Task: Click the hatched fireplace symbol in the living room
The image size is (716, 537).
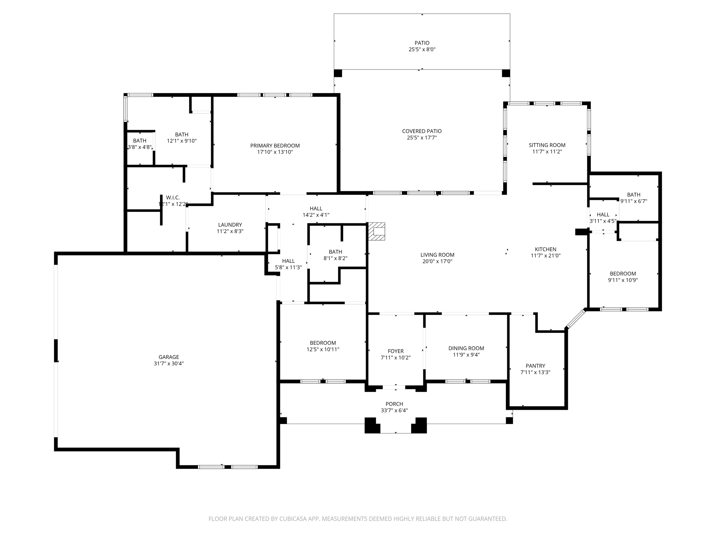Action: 377,231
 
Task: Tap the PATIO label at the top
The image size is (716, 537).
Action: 422,43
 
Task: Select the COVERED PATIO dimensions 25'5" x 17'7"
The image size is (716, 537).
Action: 422,138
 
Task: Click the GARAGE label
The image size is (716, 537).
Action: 169,357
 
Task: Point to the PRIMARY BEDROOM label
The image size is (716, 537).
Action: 275,146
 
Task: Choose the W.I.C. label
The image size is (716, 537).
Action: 173,198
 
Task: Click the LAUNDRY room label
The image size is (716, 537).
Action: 230,225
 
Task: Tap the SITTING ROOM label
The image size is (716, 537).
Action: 547,145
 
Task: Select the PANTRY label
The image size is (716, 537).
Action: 535,366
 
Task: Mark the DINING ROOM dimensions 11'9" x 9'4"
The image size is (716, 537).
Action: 466,355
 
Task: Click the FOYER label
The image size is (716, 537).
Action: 395,351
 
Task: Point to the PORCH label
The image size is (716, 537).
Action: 394,404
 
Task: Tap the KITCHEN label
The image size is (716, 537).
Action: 545,249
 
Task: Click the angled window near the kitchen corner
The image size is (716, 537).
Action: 576,318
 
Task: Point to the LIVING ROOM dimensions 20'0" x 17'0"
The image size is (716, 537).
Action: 437,262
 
